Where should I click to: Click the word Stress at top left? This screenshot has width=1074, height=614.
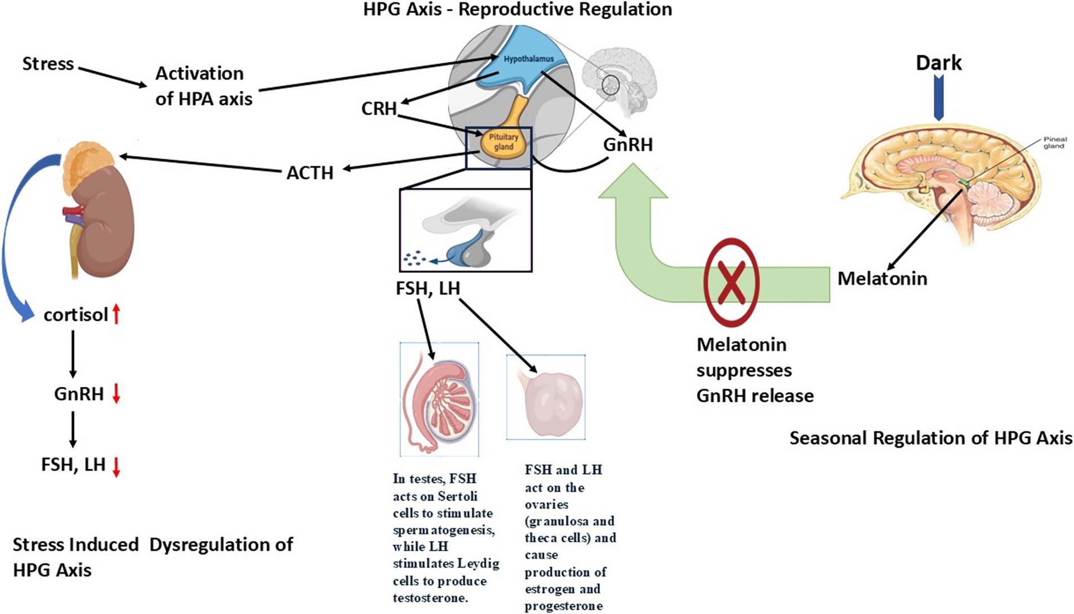(48, 64)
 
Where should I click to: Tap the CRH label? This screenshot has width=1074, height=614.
(379, 108)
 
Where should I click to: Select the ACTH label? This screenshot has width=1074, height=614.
(310, 172)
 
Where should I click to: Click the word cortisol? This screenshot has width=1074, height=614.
(76, 314)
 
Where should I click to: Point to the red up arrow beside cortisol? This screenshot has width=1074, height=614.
(116, 314)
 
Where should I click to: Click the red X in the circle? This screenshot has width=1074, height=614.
(731, 282)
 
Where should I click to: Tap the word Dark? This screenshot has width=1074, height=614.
(938, 63)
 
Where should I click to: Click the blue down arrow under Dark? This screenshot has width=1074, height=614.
(938, 98)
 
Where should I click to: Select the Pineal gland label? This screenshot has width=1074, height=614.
(1054, 142)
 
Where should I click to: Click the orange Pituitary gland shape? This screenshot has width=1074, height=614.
(503, 142)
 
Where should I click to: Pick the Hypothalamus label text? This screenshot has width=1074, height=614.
(528, 59)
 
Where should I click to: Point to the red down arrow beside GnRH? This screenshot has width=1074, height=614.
(116, 393)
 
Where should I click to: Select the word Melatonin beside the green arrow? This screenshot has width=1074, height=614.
(882, 278)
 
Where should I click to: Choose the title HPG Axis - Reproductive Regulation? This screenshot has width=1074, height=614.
(517, 10)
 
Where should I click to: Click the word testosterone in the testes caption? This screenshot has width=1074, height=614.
(430, 598)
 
